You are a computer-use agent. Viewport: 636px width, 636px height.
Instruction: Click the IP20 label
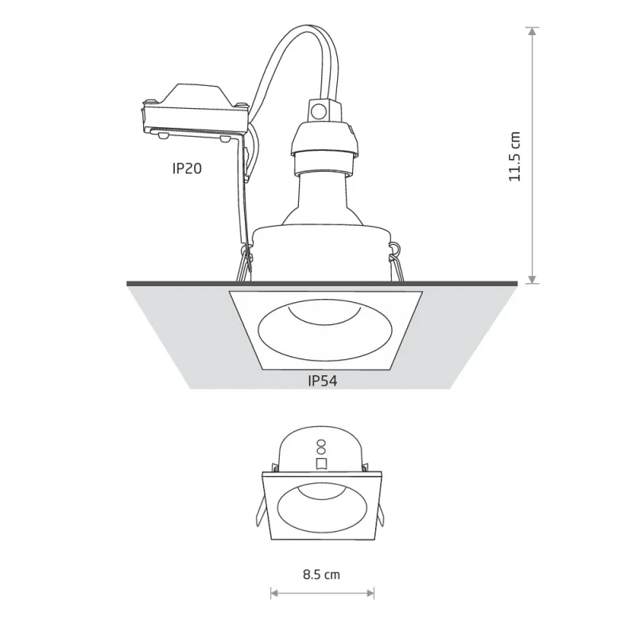[187, 169]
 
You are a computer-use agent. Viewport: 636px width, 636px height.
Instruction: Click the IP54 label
[323, 381]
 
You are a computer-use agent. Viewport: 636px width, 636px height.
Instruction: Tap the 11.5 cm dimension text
[514, 156]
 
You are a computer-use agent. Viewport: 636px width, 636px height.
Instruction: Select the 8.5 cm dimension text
[321, 574]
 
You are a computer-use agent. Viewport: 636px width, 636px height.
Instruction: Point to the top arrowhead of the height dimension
[532, 31]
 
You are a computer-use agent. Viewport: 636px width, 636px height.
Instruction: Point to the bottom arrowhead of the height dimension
[532, 280]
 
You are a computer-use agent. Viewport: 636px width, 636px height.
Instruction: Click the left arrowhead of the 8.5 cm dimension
[274, 593]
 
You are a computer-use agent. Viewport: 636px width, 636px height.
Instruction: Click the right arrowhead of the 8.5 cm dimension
[370, 593]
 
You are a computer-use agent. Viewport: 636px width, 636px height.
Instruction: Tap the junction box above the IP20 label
[195, 111]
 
